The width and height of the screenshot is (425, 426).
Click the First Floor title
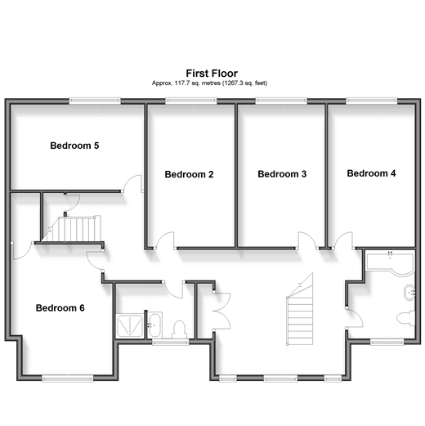212,74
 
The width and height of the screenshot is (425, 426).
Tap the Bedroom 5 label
74,146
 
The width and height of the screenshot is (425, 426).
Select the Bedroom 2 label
189,174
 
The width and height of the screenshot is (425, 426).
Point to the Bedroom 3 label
282,174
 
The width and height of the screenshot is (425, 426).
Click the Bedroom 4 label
371,173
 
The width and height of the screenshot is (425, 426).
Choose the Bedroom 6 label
60,308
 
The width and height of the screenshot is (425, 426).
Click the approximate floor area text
209,83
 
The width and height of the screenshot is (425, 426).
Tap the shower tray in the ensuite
129,325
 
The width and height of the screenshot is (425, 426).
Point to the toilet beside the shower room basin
179,330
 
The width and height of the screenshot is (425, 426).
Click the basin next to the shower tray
154,325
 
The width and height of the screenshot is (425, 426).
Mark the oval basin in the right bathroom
409,293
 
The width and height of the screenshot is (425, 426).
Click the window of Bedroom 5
95,101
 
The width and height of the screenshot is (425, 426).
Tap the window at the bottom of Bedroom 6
68,378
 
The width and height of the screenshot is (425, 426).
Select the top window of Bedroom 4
372,101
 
